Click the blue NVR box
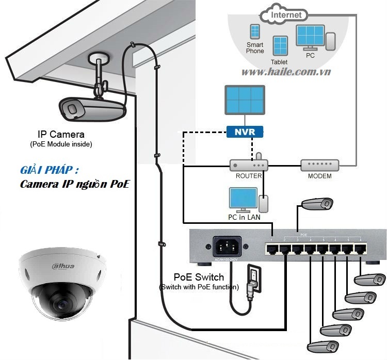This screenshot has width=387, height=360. click(x=245, y=132)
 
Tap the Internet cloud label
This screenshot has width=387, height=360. click(x=286, y=15)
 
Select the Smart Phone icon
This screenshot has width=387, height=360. click(x=254, y=32)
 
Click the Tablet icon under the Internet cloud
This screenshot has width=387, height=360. click(x=280, y=46)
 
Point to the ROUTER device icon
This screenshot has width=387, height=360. click(x=249, y=166)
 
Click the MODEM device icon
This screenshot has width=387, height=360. click(x=319, y=166)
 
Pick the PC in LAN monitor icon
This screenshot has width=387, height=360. click(x=243, y=199)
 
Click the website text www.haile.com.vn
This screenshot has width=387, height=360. click(x=286, y=72)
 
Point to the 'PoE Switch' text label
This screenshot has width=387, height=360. click(x=199, y=277)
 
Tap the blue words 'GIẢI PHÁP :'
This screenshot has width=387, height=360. click(x=50, y=171)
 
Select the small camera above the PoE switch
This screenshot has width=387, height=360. click(x=318, y=203)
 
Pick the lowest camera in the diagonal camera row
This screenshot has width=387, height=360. click(x=323, y=346)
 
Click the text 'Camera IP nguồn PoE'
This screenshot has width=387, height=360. click(x=75, y=184)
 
